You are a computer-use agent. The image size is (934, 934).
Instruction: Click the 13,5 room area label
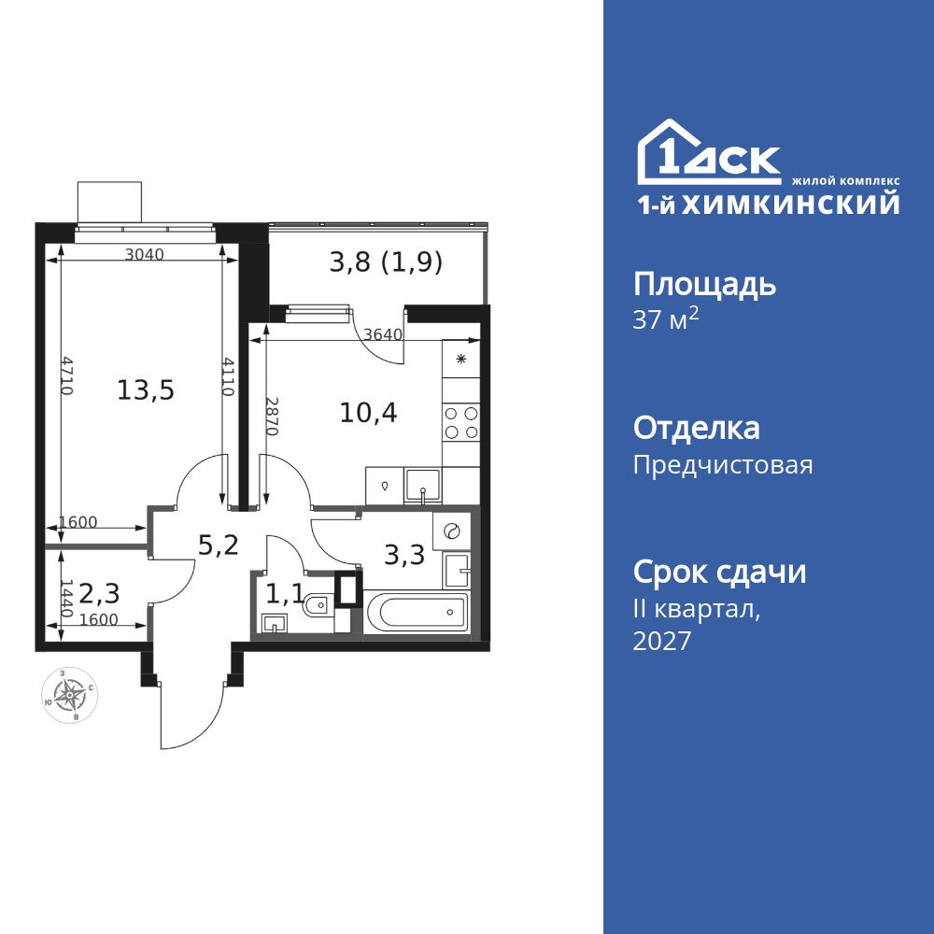[146, 390]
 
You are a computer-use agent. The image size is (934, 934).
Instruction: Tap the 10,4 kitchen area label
[368, 412]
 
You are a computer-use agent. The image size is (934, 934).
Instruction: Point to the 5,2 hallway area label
[218, 545]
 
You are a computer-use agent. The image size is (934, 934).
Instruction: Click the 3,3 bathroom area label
[404, 555]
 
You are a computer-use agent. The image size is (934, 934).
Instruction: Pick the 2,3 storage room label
[100, 593]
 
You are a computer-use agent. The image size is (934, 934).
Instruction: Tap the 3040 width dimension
[144, 254]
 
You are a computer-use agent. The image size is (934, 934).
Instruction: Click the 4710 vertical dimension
[66, 375]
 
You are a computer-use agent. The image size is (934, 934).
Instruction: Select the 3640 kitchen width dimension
[383, 334]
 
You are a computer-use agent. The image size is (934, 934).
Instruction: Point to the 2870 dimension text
[271, 417]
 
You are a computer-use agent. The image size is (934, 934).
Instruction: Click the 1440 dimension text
[66, 598]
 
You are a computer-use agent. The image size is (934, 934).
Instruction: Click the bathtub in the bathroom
[421, 612]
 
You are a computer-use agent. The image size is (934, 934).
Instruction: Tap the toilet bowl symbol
[316, 605]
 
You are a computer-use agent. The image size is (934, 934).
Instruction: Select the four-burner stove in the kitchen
[461, 422]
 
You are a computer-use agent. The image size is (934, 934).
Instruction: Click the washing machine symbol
[451, 531]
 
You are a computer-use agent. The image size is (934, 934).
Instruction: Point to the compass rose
[70, 695]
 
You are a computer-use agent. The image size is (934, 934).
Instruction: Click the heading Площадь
[704, 285]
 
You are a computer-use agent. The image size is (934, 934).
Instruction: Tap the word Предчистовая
[723, 464]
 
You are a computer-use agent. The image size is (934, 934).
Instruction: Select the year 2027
[662, 641]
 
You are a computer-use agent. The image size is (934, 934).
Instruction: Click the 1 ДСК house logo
[709, 151]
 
